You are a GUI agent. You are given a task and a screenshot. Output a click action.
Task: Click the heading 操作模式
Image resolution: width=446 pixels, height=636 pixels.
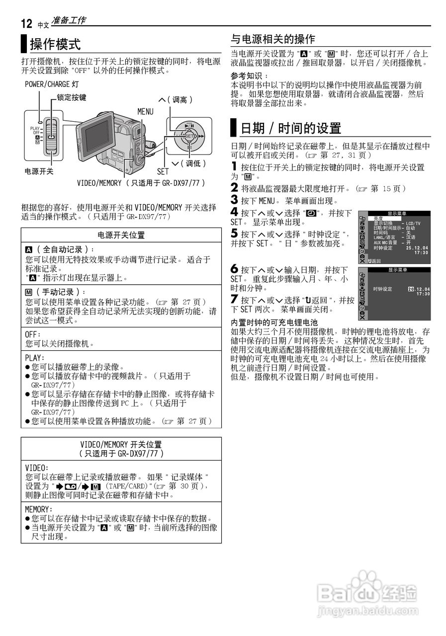pos(55,44)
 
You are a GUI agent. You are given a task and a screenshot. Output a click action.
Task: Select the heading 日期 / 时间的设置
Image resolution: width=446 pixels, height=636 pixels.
pos(291,128)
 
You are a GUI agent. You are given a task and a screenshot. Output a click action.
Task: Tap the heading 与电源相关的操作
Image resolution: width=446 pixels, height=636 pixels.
pos(272,39)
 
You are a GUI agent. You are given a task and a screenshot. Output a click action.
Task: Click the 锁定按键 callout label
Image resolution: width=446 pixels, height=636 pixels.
pos(71,97)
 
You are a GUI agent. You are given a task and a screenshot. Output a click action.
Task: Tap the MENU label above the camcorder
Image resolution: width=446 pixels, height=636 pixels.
pos(145,112)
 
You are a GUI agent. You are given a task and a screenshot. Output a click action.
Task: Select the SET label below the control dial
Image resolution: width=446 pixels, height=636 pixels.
pos(163,171)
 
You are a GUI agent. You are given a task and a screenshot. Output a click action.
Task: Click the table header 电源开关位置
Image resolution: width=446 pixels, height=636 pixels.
pos(121,235)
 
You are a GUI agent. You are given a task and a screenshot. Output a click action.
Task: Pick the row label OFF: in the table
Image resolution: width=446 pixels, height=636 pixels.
pos(33,334)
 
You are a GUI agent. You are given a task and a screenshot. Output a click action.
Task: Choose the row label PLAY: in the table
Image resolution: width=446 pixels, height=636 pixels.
pos(35,358)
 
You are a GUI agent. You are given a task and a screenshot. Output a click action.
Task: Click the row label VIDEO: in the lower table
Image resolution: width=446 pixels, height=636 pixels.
pos(37,468)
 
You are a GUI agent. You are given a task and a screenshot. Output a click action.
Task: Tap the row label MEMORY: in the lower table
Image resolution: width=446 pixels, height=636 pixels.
pos(39,509)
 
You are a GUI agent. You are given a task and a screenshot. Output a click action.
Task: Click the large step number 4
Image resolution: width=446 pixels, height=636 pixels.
pos(234,212)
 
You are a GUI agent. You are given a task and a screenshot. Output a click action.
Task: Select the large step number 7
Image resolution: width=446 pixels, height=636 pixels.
pos(234,299)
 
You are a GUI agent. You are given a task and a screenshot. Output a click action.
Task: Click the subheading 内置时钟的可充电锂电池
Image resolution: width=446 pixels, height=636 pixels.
pos(274,322)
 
